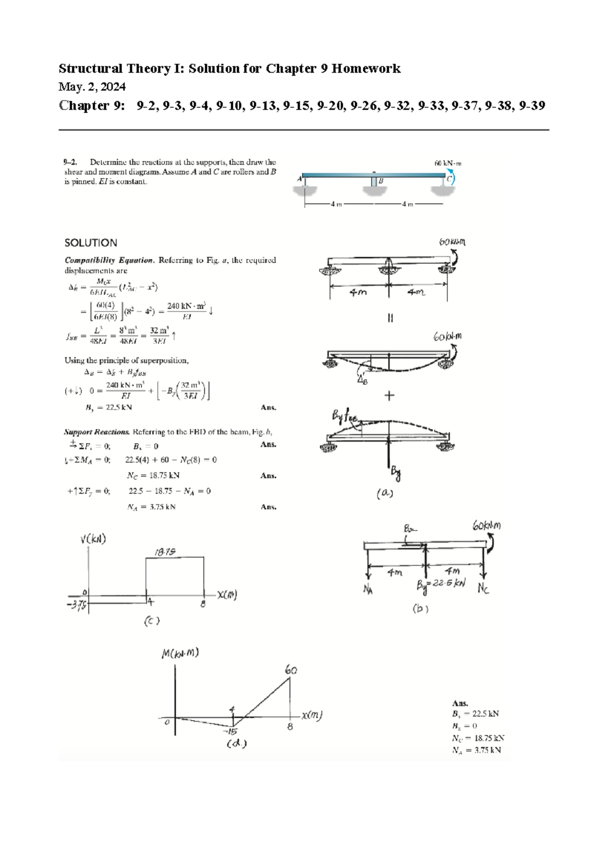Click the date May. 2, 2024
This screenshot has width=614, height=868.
pos(92,86)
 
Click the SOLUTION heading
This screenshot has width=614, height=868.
pos(91,243)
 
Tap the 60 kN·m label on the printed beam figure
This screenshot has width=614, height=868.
pos(448,163)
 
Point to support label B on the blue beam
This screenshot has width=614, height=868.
pos(381,181)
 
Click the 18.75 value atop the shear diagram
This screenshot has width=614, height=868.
pos(165,552)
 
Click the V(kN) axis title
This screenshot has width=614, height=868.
pos(93,539)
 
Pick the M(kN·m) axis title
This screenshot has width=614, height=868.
pos(180,653)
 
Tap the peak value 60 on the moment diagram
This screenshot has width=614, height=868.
pos(291,669)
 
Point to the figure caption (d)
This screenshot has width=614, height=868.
pos(236,744)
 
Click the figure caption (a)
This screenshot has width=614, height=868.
pos(385,493)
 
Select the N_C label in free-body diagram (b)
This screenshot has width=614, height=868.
pos(483,589)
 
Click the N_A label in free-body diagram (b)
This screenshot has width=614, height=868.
pos(368,589)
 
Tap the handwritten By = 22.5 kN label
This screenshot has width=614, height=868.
pos(441,584)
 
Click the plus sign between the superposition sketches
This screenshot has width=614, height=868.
pos(389,396)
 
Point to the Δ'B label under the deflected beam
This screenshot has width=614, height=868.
pos(362,380)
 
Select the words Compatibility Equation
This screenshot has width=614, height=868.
pos(108,260)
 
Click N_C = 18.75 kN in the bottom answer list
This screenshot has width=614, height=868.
pos(478,738)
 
